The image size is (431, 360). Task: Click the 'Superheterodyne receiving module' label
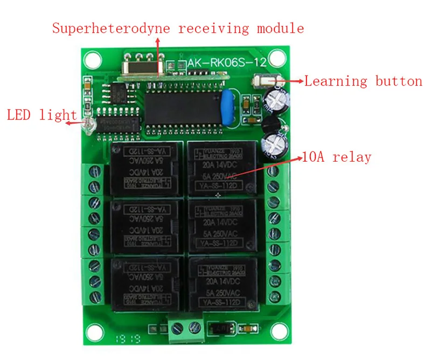coord(178,28)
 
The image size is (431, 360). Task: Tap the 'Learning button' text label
coord(363,81)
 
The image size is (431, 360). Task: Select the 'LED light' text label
coord(41,115)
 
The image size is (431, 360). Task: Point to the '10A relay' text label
coord(337,157)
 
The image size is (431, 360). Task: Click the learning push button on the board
coord(263,81)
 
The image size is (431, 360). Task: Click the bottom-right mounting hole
coord(277,330)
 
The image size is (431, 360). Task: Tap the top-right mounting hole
coord(277,57)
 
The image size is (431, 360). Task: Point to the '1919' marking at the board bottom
coord(124,339)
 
